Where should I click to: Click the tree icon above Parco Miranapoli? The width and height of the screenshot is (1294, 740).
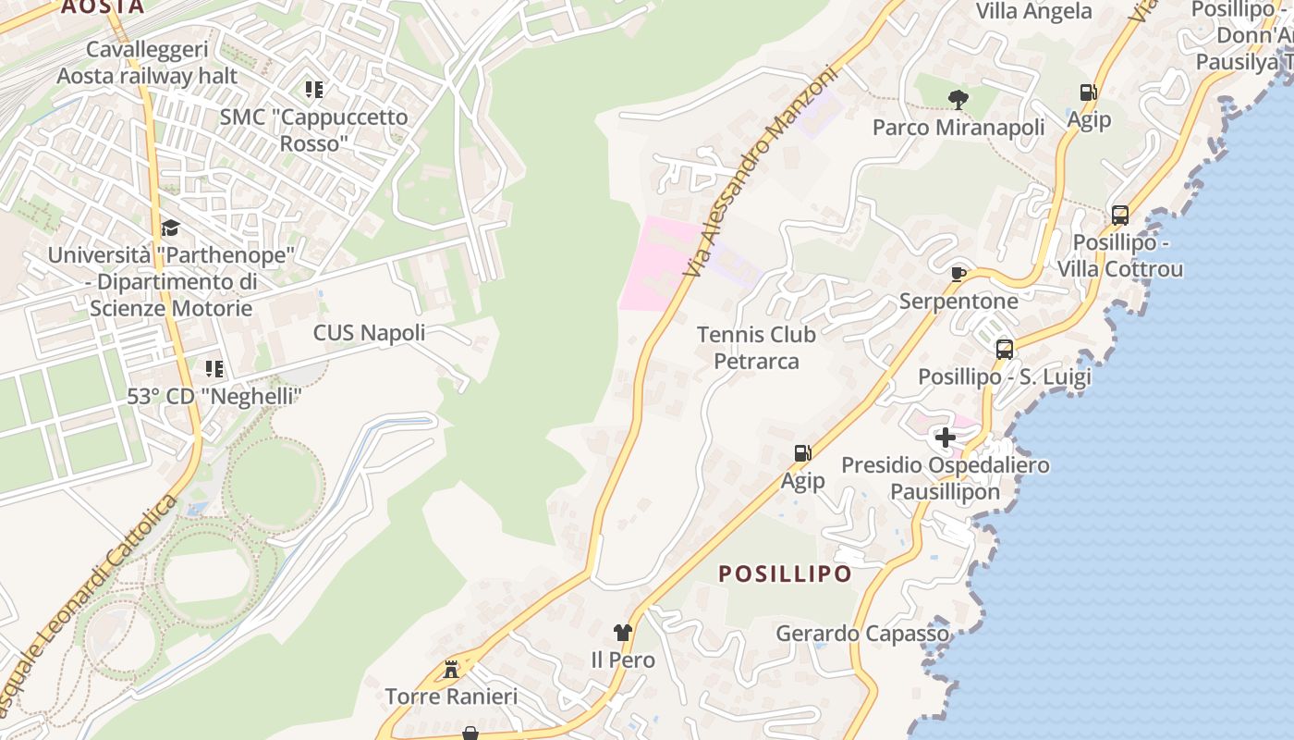point(958,99)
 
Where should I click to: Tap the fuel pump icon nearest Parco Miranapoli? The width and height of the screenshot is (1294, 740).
point(1089,92)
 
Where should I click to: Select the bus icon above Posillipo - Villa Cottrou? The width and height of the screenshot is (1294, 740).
point(1120,216)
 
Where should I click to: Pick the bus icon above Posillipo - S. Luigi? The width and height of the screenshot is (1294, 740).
point(1005,350)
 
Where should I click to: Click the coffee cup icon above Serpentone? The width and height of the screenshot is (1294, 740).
point(958,274)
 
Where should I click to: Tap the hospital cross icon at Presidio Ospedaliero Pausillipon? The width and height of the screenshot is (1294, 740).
point(946,437)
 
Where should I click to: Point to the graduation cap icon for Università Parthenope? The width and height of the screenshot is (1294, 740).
point(170,228)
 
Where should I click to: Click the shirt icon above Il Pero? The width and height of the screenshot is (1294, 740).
point(623,633)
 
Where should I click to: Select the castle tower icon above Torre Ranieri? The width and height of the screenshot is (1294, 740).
point(451,669)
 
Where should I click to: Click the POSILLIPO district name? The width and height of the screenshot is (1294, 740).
point(786,573)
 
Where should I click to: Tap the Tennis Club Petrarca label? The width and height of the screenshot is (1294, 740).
point(756,347)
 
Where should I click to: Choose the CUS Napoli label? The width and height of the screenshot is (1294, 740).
point(369,333)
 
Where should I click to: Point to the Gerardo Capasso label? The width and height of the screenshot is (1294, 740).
point(862,634)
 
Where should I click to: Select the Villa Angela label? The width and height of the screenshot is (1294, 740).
point(1034,11)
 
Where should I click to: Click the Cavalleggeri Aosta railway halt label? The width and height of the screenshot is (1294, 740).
point(147,62)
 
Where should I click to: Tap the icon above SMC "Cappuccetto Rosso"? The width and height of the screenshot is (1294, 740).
point(314,90)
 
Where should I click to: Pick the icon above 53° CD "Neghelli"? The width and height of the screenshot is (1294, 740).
point(214,369)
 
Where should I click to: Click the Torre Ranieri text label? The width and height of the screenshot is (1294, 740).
point(451,697)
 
